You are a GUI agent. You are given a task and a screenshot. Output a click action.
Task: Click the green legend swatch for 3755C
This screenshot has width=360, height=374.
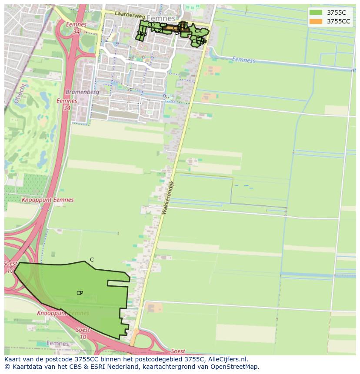pos(316,13)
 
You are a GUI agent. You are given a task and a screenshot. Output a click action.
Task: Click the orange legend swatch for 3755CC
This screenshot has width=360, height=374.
pos(316,21)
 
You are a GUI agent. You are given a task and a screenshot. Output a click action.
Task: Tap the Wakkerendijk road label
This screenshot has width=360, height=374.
pos(167,197)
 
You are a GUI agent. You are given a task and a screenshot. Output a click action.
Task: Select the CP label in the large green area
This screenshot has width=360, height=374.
pos(80,293)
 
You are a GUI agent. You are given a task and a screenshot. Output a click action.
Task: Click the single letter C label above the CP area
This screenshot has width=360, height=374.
pos(92,260)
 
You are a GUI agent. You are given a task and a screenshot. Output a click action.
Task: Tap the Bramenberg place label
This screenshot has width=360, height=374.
pos(82,92)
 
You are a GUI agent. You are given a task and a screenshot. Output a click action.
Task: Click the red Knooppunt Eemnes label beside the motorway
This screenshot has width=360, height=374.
pos(47,200)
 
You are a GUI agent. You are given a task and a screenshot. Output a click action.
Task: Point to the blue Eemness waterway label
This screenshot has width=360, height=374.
pos(243,60)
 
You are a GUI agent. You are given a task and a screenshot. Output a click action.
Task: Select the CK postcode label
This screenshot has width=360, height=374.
pos(198,31)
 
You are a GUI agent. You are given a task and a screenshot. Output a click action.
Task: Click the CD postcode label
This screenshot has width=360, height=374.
pos(151,25)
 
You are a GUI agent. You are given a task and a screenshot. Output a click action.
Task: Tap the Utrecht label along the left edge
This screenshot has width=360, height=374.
pos(17,94)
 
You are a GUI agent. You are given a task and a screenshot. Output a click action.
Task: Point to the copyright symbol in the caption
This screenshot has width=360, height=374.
pos(7,367)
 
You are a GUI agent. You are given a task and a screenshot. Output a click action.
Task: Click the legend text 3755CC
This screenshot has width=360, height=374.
pos(338,21)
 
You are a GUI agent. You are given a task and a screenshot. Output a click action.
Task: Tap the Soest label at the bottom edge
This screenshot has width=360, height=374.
pos(178,351)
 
